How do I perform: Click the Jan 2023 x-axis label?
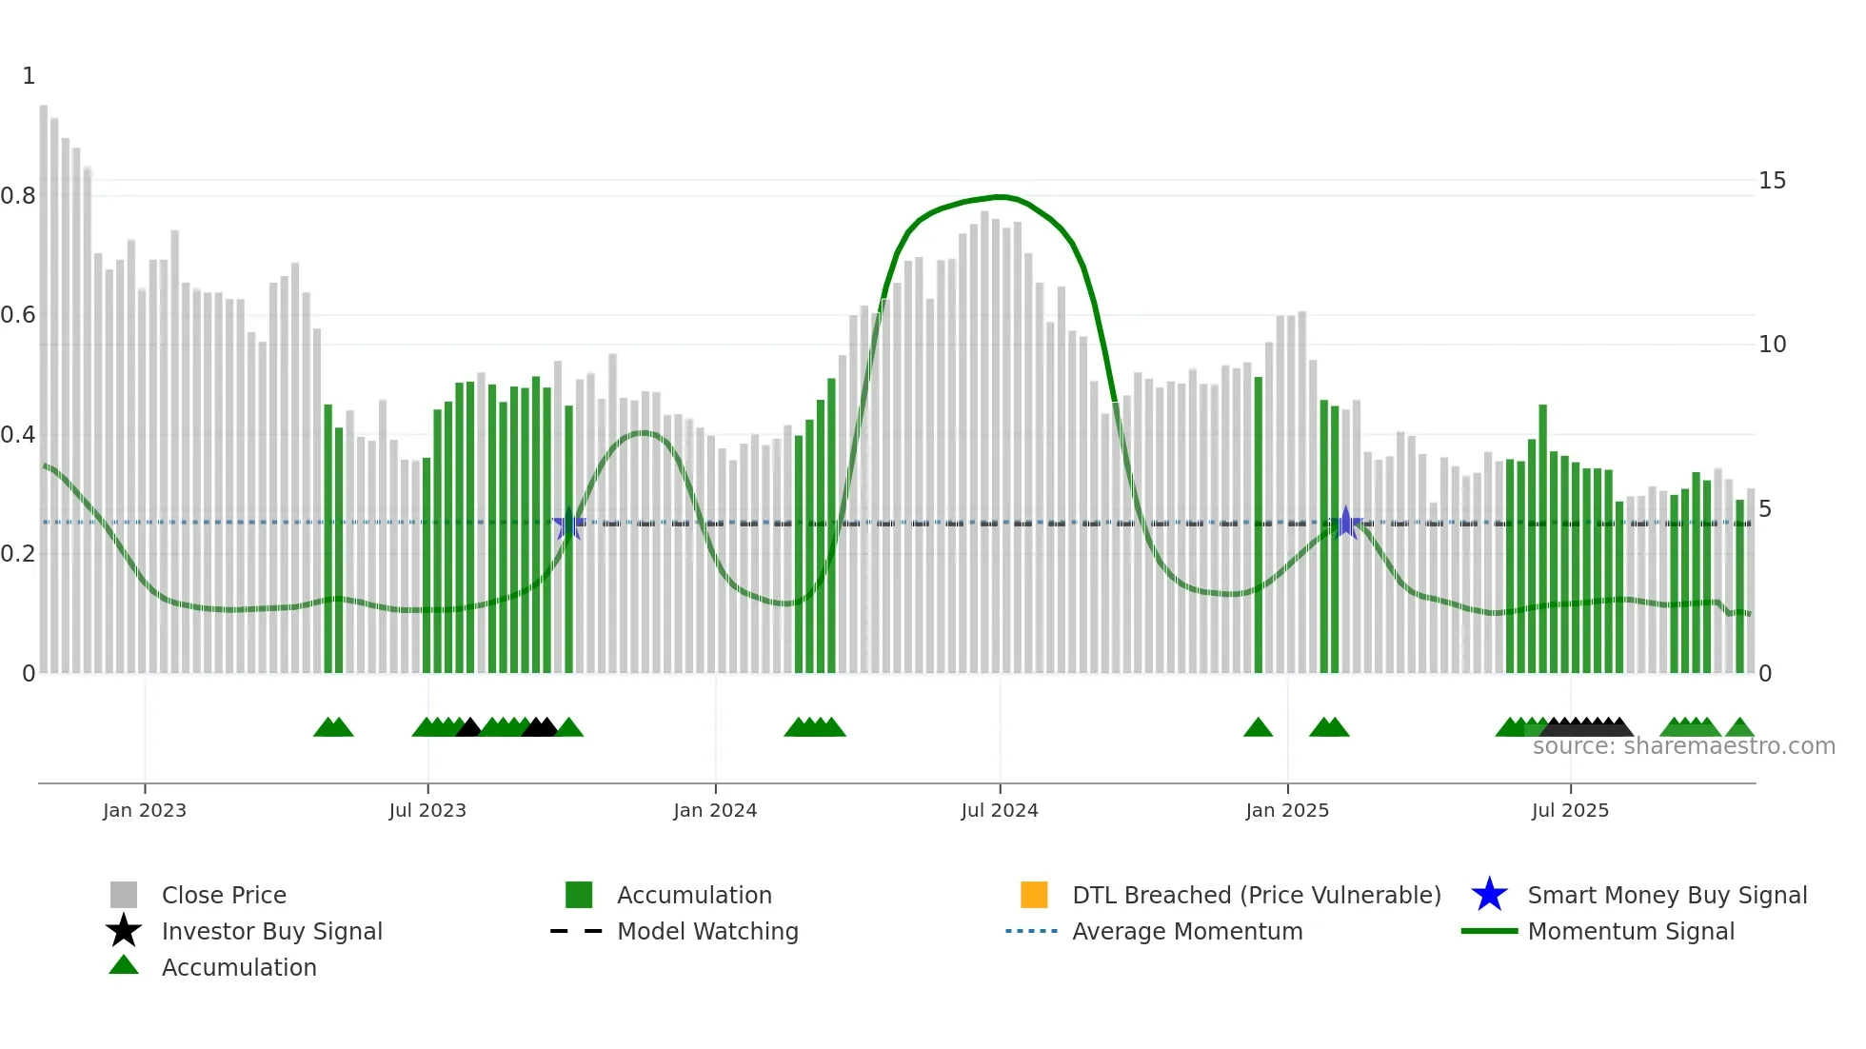145,810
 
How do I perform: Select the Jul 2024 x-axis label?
1000,810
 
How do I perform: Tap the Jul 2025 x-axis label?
1570,810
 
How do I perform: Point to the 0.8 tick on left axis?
18,196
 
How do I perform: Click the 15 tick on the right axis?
1772,181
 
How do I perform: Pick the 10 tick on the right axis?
1772,345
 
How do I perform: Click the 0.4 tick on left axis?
18,435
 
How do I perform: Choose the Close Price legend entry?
223,895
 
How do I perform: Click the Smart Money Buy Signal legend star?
1489,895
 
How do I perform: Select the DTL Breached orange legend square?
1034,895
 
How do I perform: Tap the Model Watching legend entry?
706,931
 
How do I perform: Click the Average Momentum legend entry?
1186,931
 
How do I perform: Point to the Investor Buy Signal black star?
124,931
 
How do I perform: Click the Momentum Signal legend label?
1630,931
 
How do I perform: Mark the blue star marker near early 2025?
1345,523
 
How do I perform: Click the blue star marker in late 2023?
569,524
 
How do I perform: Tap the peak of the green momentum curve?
1000,197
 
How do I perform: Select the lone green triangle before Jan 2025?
1258,727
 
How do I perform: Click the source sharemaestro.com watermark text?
1683,746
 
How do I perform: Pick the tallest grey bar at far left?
44,381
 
